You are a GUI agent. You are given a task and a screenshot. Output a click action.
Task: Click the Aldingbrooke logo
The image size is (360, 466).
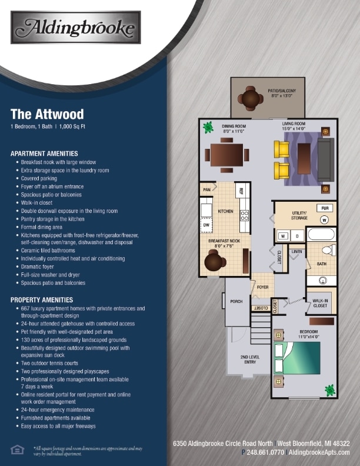point(75,28)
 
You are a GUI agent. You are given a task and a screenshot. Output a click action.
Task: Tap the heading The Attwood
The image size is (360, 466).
point(47,114)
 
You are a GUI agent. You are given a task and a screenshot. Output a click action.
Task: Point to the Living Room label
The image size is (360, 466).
point(293,126)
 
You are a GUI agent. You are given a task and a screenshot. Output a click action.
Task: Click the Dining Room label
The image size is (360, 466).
point(234,128)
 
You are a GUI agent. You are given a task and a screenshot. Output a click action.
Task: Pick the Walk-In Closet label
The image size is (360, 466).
point(320,303)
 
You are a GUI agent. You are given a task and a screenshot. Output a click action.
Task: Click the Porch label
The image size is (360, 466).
point(236,301)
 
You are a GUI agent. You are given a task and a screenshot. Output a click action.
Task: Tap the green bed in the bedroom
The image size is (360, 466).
point(298,358)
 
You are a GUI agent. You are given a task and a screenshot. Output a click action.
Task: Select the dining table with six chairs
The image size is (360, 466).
point(227,155)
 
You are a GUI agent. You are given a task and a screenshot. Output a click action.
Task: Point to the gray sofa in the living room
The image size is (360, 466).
point(325,159)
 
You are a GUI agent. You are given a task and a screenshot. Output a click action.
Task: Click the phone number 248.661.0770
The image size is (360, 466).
point(263,452)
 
